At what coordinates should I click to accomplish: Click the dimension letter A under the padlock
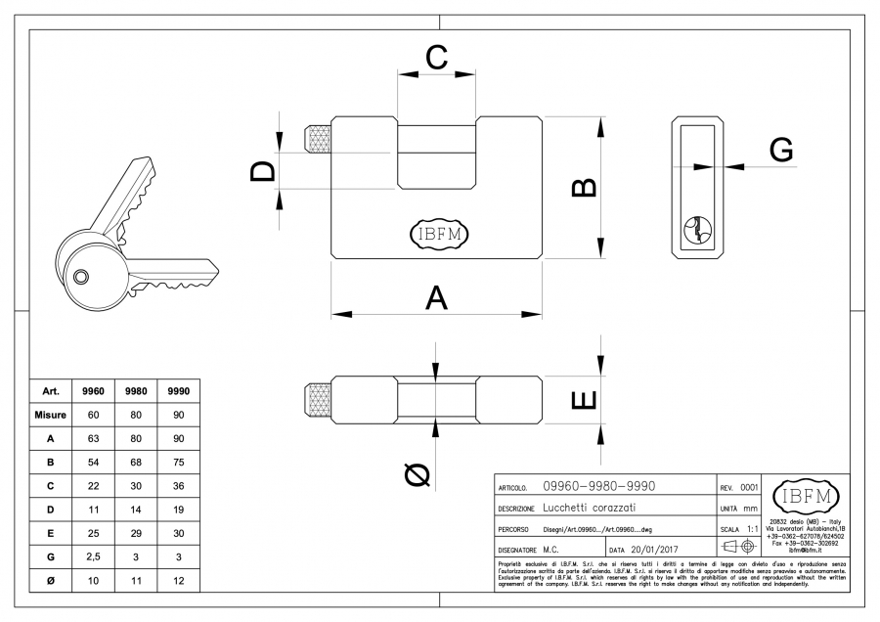437,297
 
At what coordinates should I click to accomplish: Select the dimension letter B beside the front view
583,187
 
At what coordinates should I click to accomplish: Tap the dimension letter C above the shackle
436,57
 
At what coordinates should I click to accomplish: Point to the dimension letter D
262,172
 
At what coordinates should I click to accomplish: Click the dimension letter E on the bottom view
583,400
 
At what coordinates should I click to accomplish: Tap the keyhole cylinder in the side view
697,228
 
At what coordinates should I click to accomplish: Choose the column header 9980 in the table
137,390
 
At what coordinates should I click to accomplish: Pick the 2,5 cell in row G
95,556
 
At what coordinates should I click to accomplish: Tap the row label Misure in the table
50,415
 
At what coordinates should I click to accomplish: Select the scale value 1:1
753,528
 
